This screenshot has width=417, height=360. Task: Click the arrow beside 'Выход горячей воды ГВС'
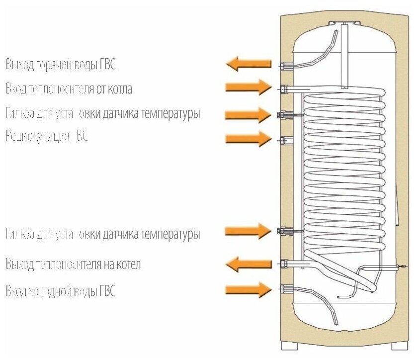pos(249,64)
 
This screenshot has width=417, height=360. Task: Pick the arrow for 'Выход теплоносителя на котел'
pos(249,264)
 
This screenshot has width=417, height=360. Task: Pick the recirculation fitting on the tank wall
pos(284,139)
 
